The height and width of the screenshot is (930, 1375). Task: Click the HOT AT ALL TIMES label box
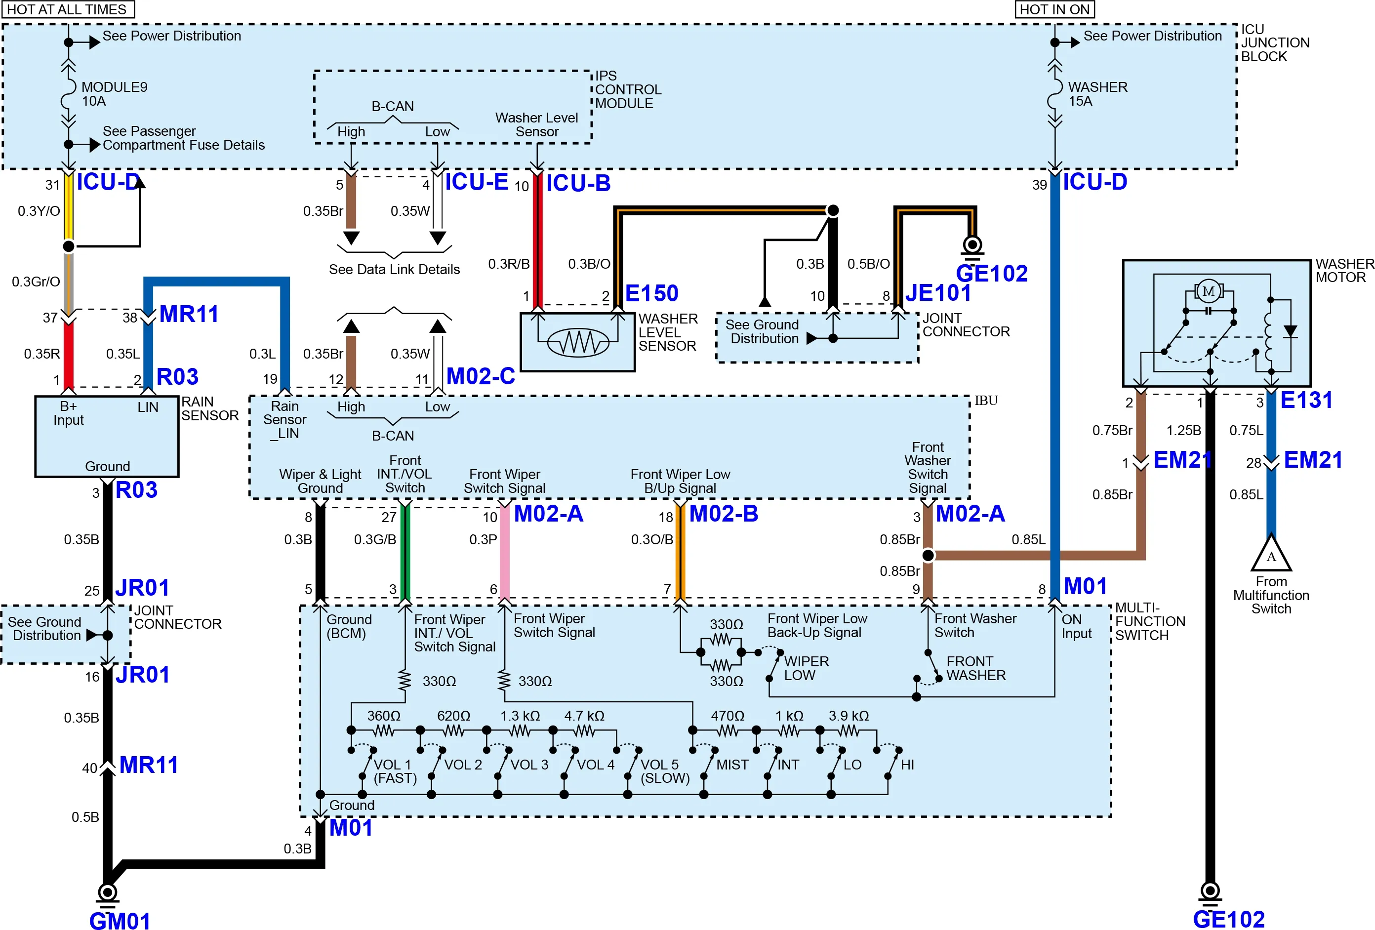pyautogui.click(x=68, y=9)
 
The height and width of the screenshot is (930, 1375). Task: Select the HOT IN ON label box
pyautogui.click(x=1054, y=9)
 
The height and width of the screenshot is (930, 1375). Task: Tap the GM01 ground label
pyautogui.click(x=120, y=920)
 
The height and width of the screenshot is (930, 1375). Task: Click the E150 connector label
pyautogui.click(x=651, y=293)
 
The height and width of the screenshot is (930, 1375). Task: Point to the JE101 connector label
pyautogui.click(x=938, y=292)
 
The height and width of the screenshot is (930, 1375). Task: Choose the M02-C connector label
pyautogui.click(x=481, y=376)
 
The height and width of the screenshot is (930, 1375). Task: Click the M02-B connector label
pyautogui.click(x=724, y=513)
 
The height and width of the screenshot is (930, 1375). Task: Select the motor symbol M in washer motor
pyautogui.click(x=1208, y=291)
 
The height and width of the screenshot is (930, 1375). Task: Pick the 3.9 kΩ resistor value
pyautogui.click(x=849, y=715)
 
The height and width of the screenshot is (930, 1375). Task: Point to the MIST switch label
pyautogui.click(x=732, y=765)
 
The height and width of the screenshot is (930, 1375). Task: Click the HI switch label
pyautogui.click(x=908, y=765)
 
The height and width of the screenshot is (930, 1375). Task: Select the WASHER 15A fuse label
pyautogui.click(x=1097, y=93)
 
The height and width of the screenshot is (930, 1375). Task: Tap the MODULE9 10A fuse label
pyautogui.click(x=114, y=93)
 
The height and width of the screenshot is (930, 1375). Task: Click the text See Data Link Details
pyautogui.click(x=394, y=269)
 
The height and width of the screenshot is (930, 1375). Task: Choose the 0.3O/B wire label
pyautogui.click(x=652, y=539)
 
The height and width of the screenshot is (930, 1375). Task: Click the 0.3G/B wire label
pyautogui.click(x=375, y=539)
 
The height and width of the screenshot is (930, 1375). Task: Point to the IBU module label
pyautogui.click(x=986, y=401)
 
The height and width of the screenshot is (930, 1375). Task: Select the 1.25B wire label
pyautogui.click(x=1183, y=430)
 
